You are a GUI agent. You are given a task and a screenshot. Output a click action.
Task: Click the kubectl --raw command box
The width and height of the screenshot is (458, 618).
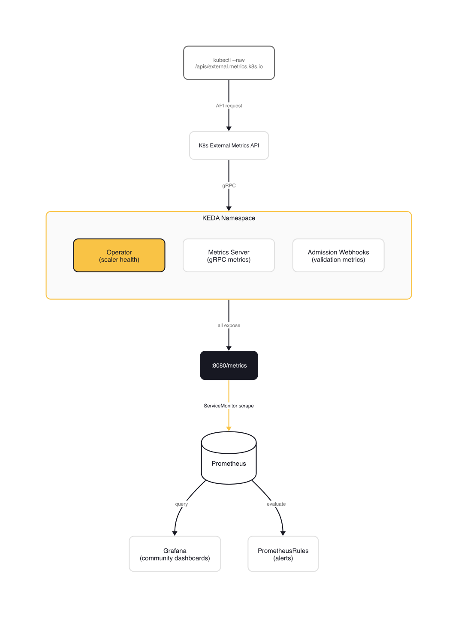pyautogui.click(x=229, y=63)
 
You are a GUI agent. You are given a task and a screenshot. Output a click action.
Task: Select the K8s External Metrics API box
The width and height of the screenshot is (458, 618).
pyautogui.click(x=229, y=145)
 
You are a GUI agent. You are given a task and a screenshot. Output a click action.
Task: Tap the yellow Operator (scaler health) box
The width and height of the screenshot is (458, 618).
pyautogui.click(x=119, y=256)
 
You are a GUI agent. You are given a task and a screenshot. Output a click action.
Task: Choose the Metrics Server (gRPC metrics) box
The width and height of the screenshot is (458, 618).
pyautogui.click(x=229, y=256)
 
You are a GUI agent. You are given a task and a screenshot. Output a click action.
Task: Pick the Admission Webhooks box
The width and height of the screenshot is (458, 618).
pyautogui.click(x=338, y=256)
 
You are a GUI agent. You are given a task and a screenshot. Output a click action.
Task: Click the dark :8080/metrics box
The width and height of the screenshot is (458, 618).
pyautogui.click(x=229, y=365)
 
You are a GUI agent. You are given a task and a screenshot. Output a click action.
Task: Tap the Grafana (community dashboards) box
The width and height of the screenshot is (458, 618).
pyautogui.click(x=175, y=554)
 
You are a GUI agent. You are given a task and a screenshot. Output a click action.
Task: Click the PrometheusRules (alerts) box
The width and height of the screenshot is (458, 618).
pyautogui.click(x=283, y=554)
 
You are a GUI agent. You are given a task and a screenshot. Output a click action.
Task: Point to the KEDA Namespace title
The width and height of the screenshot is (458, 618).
pyautogui.click(x=229, y=218)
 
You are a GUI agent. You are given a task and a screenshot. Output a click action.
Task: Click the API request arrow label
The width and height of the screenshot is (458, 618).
pyautogui.click(x=229, y=106)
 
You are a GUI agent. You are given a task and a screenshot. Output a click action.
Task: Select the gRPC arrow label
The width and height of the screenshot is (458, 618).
pyautogui.click(x=229, y=186)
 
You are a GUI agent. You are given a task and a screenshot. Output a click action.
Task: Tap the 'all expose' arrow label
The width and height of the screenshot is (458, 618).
pyautogui.click(x=229, y=326)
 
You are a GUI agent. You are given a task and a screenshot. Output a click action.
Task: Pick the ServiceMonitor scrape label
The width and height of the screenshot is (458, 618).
pyautogui.click(x=229, y=406)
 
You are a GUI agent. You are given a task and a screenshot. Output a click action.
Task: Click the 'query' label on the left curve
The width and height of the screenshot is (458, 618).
pyautogui.click(x=181, y=504)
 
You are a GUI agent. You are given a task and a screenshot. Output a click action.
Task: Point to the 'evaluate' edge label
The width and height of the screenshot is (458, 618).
pyautogui.click(x=276, y=504)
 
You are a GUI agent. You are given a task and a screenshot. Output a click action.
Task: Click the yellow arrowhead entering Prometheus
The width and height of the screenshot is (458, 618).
pyautogui.click(x=229, y=428)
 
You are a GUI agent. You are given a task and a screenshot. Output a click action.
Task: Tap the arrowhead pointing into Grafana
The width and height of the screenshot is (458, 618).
pyautogui.click(x=175, y=533)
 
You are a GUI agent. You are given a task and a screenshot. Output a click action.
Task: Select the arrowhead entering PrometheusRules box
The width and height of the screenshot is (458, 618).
pyautogui.click(x=283, y=533)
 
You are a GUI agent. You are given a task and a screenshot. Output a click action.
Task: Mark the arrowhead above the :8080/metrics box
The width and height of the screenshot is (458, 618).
pyautogui.click(x=229, y=348)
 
